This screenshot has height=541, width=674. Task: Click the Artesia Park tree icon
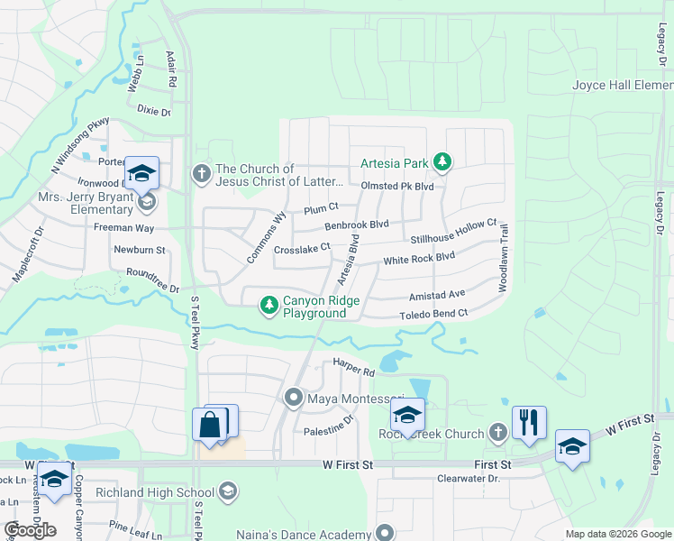pyautogui.click(x=442, y=162)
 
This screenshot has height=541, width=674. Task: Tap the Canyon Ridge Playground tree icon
pyautogui.click(x=269, y=306)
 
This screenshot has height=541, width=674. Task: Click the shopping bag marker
pyautogui.click(x=209, y=425)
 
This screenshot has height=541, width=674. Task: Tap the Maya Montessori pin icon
pyautogui.click(x=293, y=398)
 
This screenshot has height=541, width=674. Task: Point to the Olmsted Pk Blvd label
pyautogui.click(x=397, y=187)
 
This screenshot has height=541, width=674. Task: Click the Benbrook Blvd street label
pyautogui.click(x=356, y=224)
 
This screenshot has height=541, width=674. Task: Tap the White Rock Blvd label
pyautogui.click(x=419, y=259)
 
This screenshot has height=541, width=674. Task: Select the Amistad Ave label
pyautogui.click(x=436, y=294)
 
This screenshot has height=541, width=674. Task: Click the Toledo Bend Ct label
pyautogui.click(x=435, y=314)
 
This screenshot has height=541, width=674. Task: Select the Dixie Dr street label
pyautogui.click(x=154, y=112)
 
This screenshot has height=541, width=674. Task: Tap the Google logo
pyautogui.click(x=30, y=530)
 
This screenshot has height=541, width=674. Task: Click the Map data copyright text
pyautogui.click(x=617, y=534)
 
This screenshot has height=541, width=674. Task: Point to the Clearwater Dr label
pyautogui.click(x=468, y=480)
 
